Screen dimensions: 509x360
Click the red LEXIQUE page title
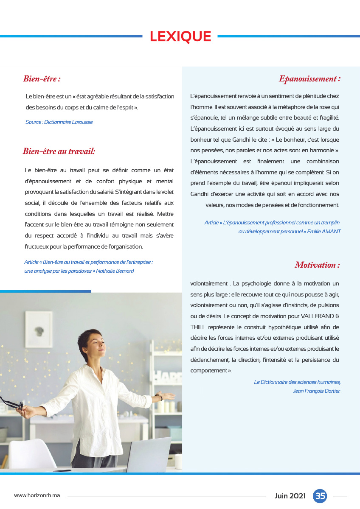(x=180, y=37)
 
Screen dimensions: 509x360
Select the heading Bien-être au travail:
(x=59, y=151)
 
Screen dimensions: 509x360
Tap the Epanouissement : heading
(x=309, y=79)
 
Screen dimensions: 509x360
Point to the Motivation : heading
(x=317, y=265)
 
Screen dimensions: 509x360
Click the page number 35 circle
(x=320, y=496)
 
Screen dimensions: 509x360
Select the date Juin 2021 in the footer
(x=290, y=496)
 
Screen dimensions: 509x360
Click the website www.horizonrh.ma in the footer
(x=37, y=496)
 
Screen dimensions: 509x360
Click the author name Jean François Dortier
(x=317, y=391)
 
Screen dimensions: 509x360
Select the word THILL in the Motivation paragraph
(x=198, y=327)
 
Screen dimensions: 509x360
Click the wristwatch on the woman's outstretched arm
(x=160, y=397)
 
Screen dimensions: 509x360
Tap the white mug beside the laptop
(x=178, y=461)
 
